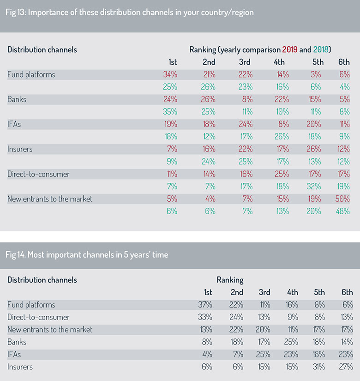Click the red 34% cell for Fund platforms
170,74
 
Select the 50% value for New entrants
342,199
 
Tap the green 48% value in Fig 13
343,211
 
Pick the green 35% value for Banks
170,112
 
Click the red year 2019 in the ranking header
290,49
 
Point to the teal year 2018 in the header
321,49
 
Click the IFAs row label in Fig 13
14,124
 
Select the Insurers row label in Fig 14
20,367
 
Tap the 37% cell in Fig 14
205,305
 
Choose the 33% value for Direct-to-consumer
205,317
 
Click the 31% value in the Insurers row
319,367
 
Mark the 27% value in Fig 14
346,367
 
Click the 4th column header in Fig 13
279,62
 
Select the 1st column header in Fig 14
208,292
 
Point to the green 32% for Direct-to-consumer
313,187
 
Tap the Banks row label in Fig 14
17,342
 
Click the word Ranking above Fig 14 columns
230,280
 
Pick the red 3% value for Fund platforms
316,74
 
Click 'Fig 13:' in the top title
16,12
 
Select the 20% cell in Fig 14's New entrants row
263,329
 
